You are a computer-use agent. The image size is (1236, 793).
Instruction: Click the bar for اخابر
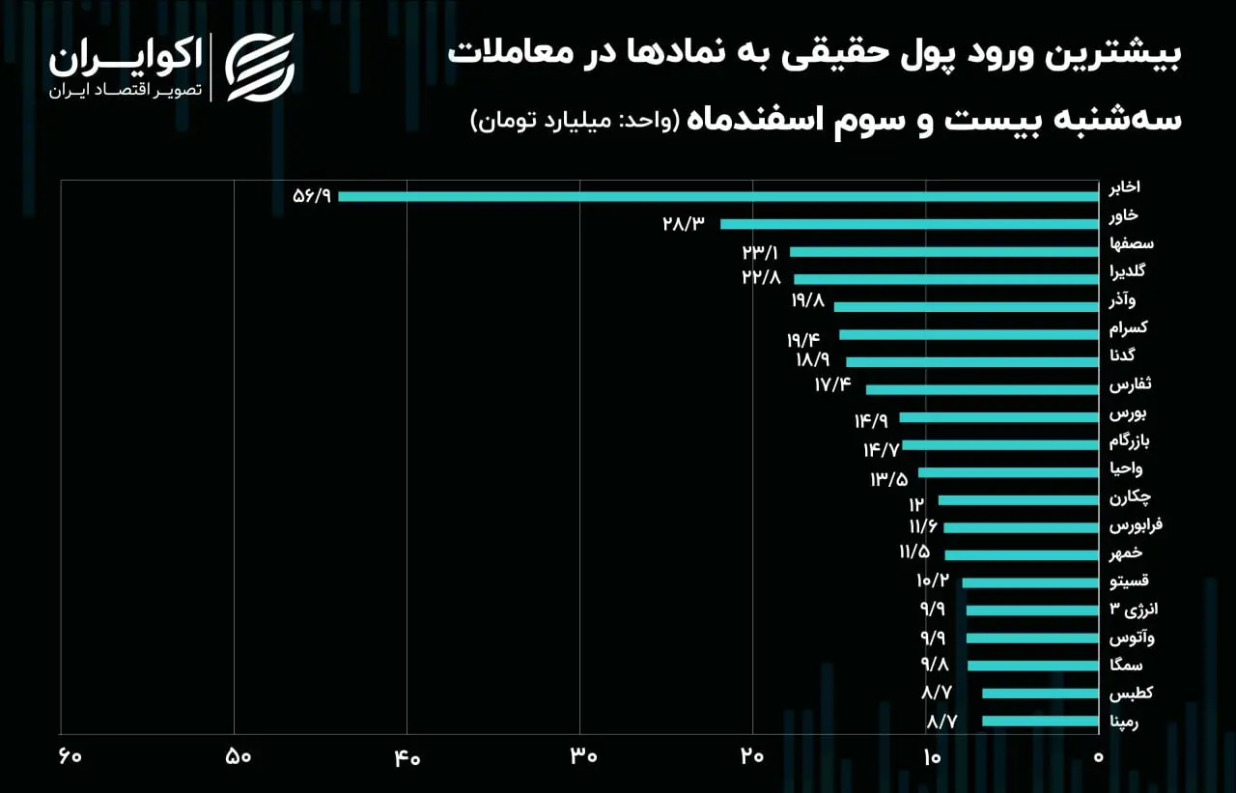pyautogui.click(x=717, y=196)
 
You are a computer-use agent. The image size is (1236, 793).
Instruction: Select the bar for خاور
pyautogui.click(x=910, y=224)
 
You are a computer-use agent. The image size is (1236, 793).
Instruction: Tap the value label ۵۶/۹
pyautogui.click(x=312, y=196)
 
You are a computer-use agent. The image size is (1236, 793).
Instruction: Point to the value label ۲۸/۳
pyautogui.click(x=684, y=223)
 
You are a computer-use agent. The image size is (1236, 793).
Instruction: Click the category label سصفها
pyautogui.click(x=1131, y=244)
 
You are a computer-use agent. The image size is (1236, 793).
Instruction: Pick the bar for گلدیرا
pyautogui.click(x=945, y=279)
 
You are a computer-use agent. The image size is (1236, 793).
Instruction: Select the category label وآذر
pyautogui.click(x=1122, y=300)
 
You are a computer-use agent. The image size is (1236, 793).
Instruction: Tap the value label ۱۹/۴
pyautogui.click(x=803, y=339)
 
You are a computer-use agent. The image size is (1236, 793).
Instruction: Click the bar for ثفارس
pyautogui.click(x=982, y=389)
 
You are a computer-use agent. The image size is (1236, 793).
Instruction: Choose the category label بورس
pyautogui.click(x=1123, y=413)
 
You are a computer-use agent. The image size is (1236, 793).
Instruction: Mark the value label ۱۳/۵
pyautogui.click(x=889, y=479)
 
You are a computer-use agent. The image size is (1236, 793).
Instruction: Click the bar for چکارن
pyautogui.click(x=1018, y=500)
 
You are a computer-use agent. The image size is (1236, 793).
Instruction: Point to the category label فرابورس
pyautogui.click(x=1136, y=524)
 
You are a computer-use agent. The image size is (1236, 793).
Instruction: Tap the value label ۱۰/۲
pyautogui.click(x=933, y=581)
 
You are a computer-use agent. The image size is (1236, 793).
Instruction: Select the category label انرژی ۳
pyautogui.click(x=1134, y=609)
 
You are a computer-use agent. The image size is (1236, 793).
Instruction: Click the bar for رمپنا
pyautogui.click(x=1040, y=721)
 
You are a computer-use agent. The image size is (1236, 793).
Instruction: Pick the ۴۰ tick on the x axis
pyautogui.click(x=407, y=758)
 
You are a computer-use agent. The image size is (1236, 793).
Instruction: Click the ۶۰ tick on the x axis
pyautogui.click(x=70, y=756)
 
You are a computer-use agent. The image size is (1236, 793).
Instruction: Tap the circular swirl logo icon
pyautogui.click(x=260, y=68)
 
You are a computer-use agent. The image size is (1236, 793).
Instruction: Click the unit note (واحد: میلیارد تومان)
pyautogui.click(x=575, y=121)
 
